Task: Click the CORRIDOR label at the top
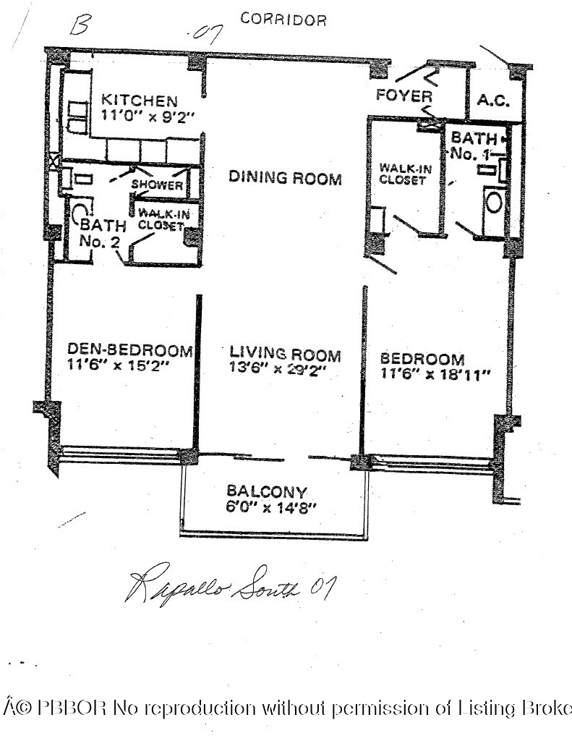tap(283, 20)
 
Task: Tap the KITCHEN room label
tap(139, 100)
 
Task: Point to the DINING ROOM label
tap(285, 178)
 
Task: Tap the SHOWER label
tap(157, 185)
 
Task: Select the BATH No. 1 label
tap(474, 145)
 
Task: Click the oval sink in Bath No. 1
tap(495, 202)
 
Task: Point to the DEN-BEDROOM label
tap(129, 351)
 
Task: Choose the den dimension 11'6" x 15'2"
tap(118, 366)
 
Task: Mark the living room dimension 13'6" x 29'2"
tap(279, 370)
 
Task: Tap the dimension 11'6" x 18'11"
tap(436, 375)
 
